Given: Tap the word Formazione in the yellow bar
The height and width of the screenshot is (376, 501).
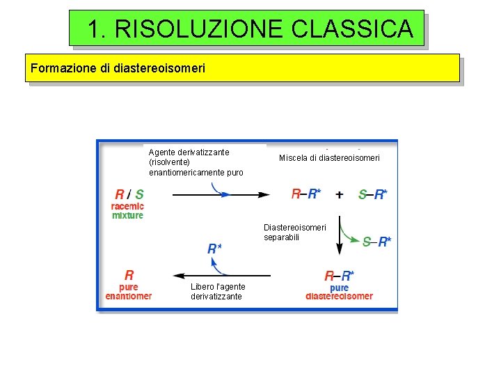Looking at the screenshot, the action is click(56, 69).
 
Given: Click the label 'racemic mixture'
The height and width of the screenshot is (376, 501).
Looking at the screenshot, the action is click(128, 210).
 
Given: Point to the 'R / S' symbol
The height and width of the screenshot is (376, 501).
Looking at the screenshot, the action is click(129, 194).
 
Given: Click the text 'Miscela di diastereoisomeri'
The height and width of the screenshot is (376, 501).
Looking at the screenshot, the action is click(329, 158).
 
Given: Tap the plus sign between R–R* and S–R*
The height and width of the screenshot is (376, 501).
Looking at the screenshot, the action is click(339, 194).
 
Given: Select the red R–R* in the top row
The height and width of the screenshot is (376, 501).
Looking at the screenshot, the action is click(305, 194).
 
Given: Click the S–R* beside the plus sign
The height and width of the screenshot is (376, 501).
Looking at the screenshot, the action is click(373, 195).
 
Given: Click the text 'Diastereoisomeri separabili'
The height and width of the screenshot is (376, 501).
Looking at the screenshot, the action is click(294, 233).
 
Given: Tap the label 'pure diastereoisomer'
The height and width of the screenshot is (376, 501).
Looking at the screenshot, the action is click(339, 292).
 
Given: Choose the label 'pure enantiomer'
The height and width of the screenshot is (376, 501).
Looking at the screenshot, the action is click(129, 292).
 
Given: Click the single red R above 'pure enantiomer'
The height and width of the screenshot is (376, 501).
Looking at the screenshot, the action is click(129, 275).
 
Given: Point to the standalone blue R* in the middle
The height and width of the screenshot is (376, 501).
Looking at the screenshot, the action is click(215, 249).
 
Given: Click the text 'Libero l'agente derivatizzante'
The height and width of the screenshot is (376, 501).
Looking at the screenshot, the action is click(218, 292).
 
